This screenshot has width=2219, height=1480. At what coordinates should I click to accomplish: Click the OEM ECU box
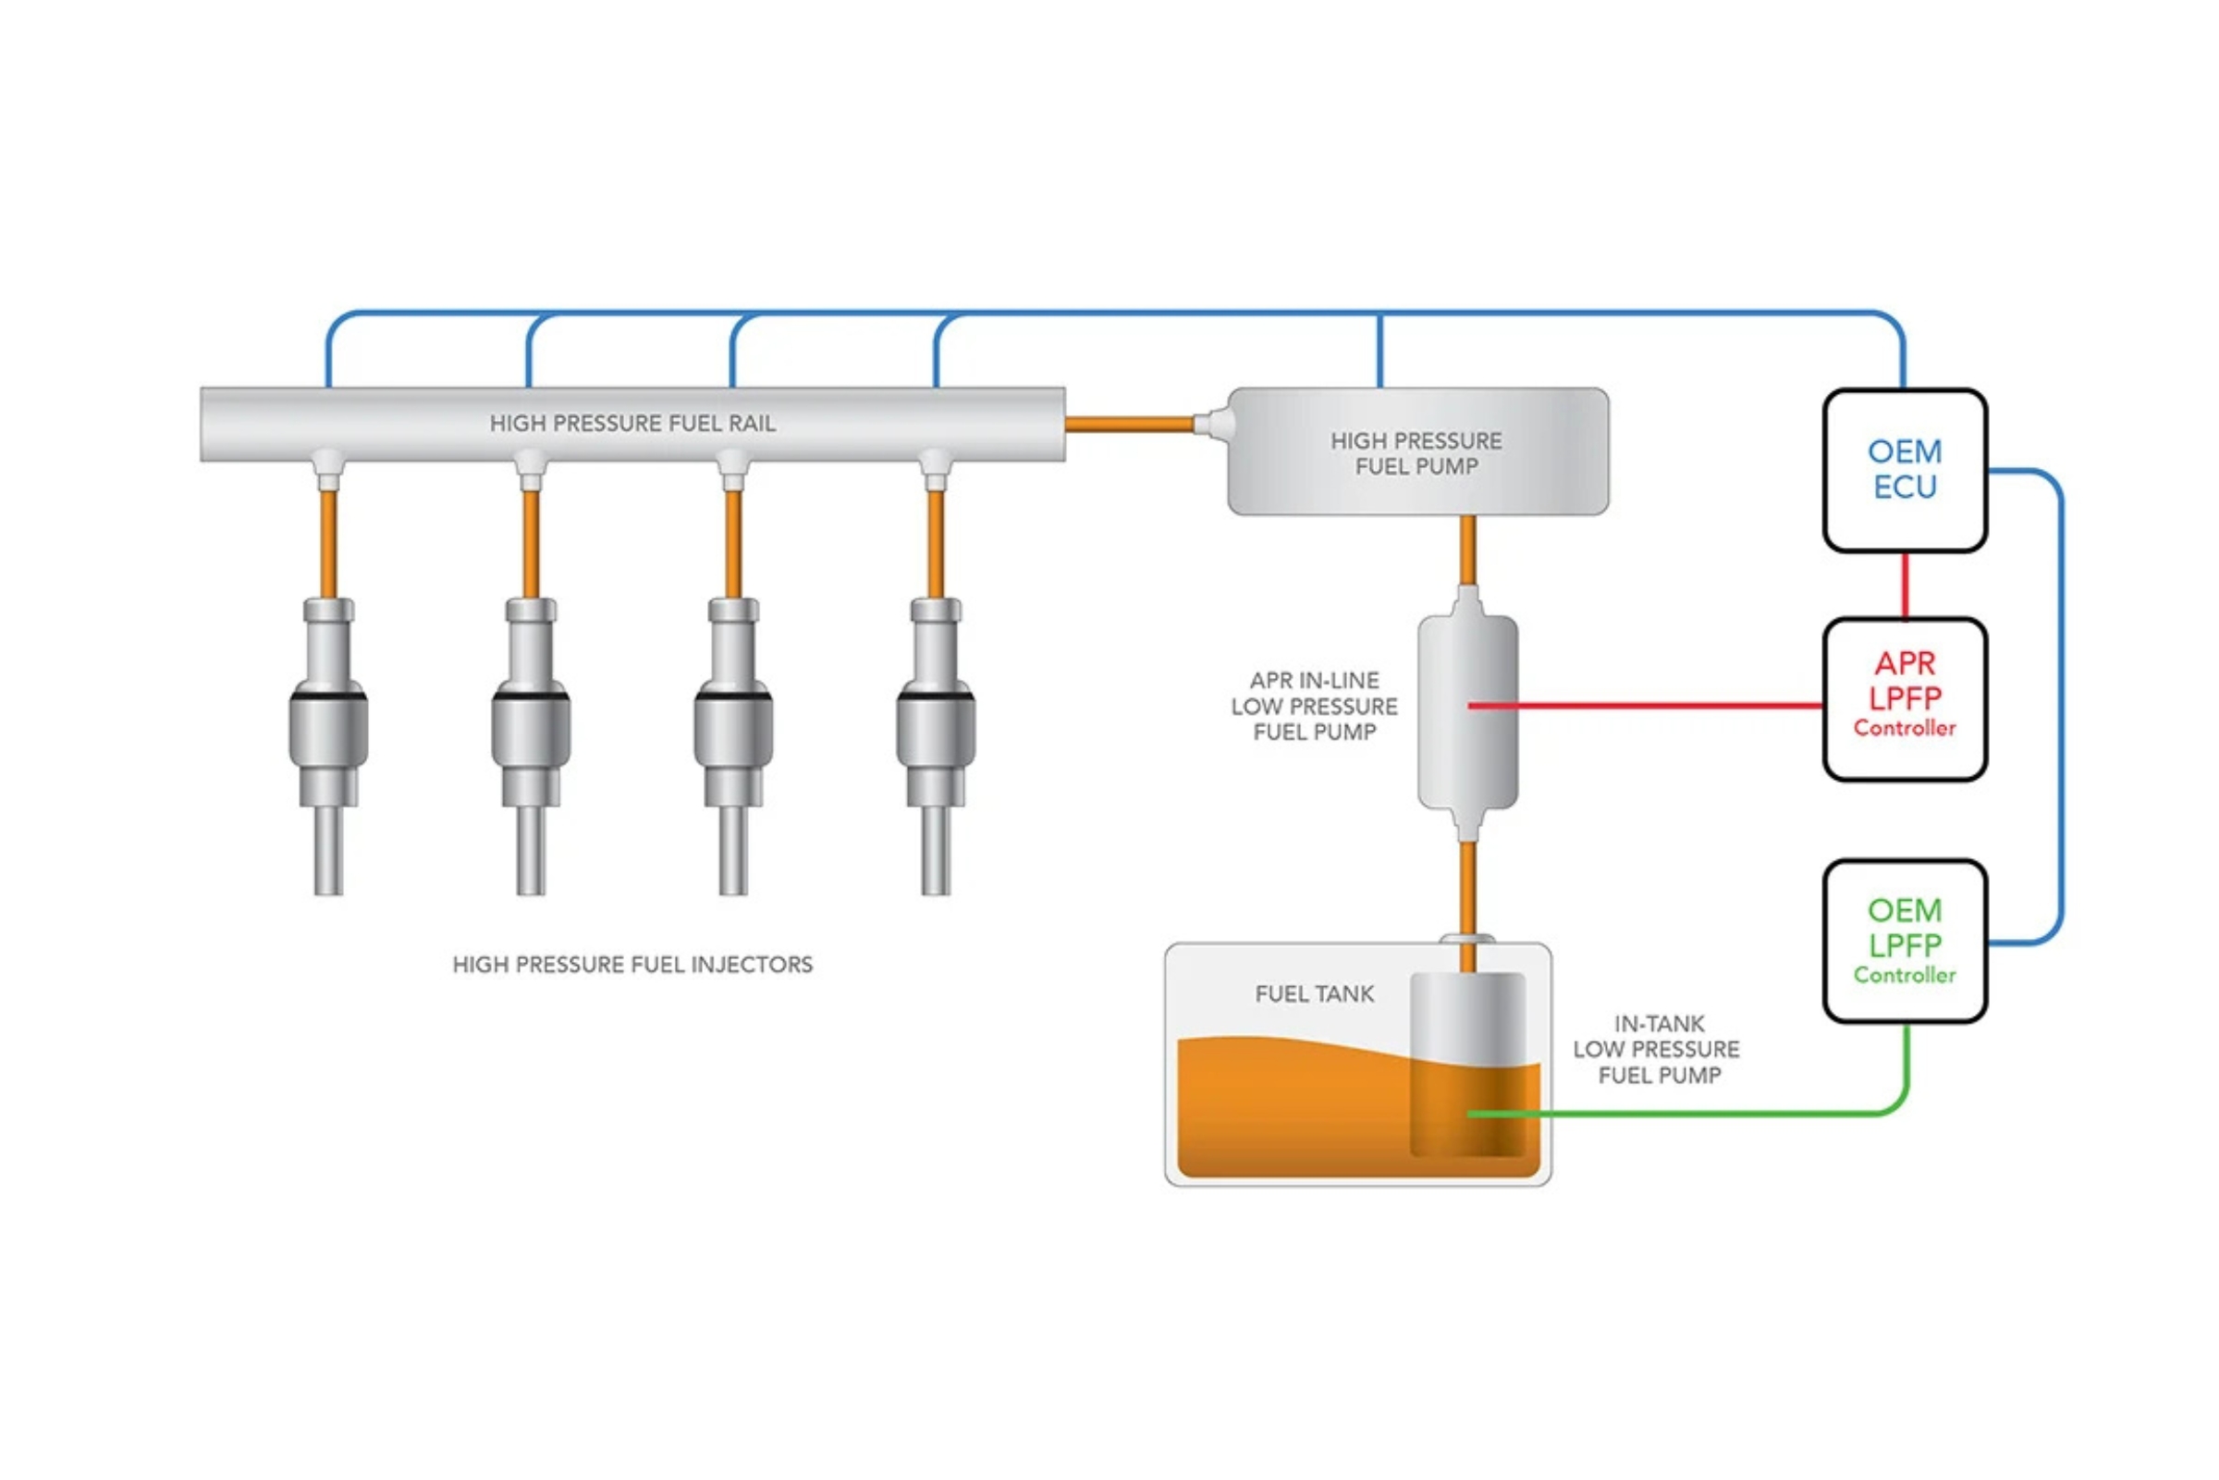point(1904,470)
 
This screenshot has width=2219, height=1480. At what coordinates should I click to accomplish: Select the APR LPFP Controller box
point(1904,699)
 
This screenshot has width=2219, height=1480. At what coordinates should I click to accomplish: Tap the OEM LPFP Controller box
point(1904,941)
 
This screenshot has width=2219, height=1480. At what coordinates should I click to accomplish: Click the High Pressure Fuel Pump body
point(1417,452)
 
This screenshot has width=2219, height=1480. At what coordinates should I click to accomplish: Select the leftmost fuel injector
point(328,727)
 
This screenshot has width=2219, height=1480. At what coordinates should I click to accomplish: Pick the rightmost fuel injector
point(935,727)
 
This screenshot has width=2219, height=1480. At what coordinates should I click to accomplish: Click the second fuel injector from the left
point(530,727)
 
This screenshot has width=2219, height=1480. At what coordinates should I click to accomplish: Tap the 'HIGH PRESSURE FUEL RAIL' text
point(632,424)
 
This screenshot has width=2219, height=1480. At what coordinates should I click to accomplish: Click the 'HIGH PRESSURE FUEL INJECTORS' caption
point(632,965)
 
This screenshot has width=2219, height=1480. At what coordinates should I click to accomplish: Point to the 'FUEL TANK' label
point(1313,993)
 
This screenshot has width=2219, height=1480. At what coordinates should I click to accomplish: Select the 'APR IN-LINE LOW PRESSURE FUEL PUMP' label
point(1313,706)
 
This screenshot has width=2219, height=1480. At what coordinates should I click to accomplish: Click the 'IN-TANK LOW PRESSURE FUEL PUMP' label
point(1656,1049)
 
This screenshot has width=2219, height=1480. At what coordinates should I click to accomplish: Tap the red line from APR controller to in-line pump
point(1651,705)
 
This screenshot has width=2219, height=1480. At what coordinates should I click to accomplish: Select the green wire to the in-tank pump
point(1698,1114)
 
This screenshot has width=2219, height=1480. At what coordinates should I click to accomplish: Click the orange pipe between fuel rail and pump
point(1128,425)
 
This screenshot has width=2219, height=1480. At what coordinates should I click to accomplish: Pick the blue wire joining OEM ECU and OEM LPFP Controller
point(2061,708)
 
